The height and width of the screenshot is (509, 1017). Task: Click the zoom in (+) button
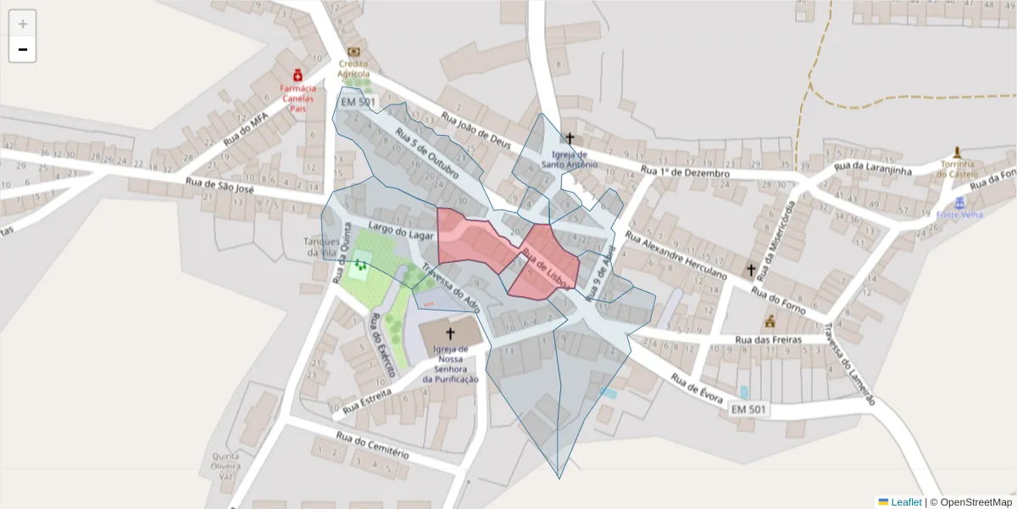[22, 23]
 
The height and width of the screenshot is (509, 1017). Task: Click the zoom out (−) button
[22, 49]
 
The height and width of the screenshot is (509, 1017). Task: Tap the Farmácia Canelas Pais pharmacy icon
[297, 76]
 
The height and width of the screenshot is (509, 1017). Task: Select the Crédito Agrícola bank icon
[353, 52]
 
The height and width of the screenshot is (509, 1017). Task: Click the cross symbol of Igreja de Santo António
[570, 138]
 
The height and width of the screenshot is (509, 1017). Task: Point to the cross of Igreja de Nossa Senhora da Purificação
[450, 334]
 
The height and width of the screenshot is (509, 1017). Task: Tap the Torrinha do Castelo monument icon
[958, 153]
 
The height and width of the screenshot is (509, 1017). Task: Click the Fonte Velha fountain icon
[959, 204]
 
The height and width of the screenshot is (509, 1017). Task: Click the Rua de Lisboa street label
[543, 266]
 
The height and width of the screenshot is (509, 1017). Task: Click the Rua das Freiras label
[767, 340]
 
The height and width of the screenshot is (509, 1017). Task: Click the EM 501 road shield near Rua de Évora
[748, 410]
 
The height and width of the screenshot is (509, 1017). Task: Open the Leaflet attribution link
[906, 502]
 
